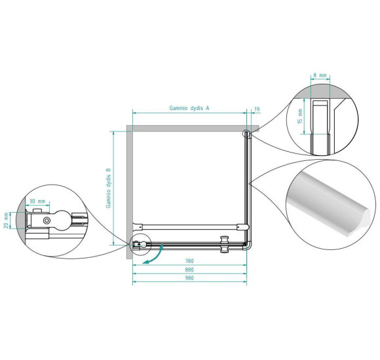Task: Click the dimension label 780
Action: [189, 261]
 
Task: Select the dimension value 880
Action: [189, 270]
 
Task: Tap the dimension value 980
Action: [189, 278]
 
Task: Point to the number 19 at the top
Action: [257, 109]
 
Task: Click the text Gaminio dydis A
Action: [189, 108]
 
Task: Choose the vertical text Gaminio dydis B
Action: [108, 188]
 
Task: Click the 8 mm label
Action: [320, 75]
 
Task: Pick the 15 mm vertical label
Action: [300, 117]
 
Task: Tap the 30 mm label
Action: [37, 201]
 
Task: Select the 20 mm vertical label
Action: [7, 221]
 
